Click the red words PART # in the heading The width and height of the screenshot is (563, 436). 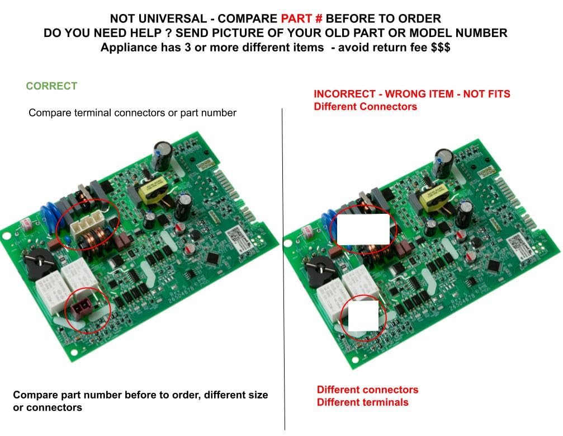(x=301, y=18)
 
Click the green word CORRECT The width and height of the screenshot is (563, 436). (x=51, y=86)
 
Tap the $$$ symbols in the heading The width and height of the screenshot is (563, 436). (x=441, y=47)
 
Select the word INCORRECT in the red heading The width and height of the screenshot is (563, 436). (x=344, y=94)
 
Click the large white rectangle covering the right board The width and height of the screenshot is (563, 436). (x=363, y=229)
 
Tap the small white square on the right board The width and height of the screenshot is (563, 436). (x=363, y=316)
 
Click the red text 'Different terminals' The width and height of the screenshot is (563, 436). (x=363, y=402)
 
